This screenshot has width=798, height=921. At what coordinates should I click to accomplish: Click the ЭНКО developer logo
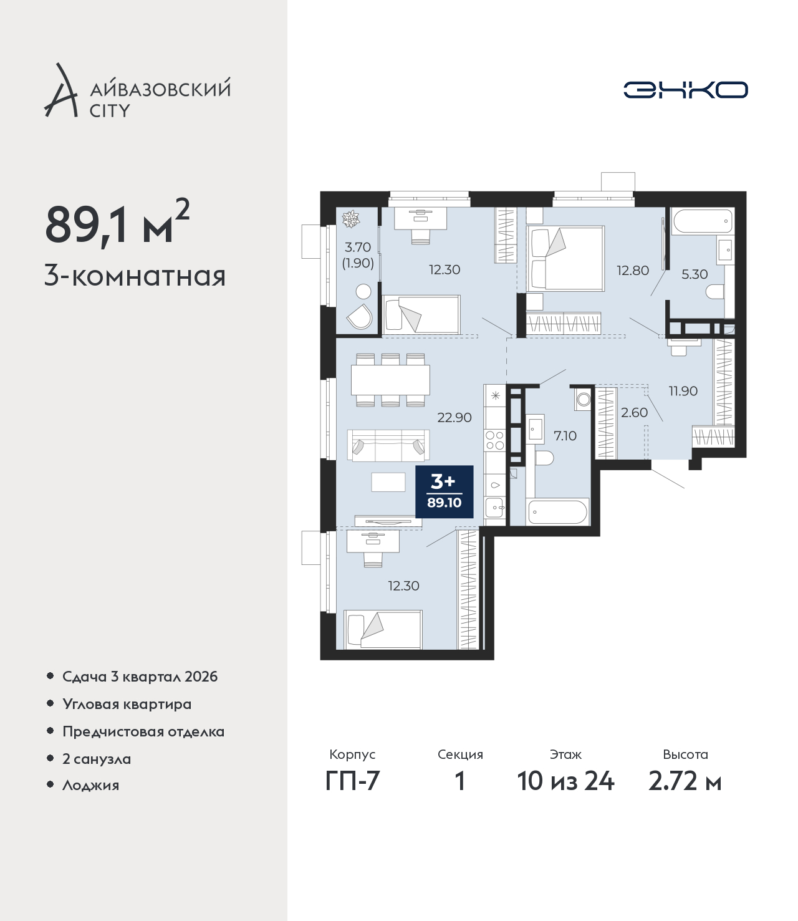point(685,90)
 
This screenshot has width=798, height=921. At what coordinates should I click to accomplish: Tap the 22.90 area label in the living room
point(454,418)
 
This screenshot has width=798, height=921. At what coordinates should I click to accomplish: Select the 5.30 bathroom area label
point(694,274)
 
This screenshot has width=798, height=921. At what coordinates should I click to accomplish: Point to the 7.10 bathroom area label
point(565,435)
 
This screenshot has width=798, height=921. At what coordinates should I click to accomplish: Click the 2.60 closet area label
point(634,413)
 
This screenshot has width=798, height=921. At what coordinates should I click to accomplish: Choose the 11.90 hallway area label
point(683,391)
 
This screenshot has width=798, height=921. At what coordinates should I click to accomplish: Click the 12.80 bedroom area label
point(632,271)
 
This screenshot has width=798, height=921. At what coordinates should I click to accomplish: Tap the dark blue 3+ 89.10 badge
point(445,492)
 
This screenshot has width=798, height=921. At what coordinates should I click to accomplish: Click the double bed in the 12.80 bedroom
point(565,259)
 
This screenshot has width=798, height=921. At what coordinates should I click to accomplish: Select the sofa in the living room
point(388,445)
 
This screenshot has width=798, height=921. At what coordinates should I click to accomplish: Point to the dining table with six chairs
point(390,380)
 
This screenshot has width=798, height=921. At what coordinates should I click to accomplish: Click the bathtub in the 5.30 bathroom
point(703,221)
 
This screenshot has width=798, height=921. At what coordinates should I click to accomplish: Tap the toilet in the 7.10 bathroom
point(546,458)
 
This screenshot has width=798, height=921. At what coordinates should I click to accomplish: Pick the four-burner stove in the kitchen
point(494,440)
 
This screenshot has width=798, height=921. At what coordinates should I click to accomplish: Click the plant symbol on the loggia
point(350,219)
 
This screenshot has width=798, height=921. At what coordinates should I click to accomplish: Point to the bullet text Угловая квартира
point(127,705)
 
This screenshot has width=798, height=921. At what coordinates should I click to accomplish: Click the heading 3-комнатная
point(135,277)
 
